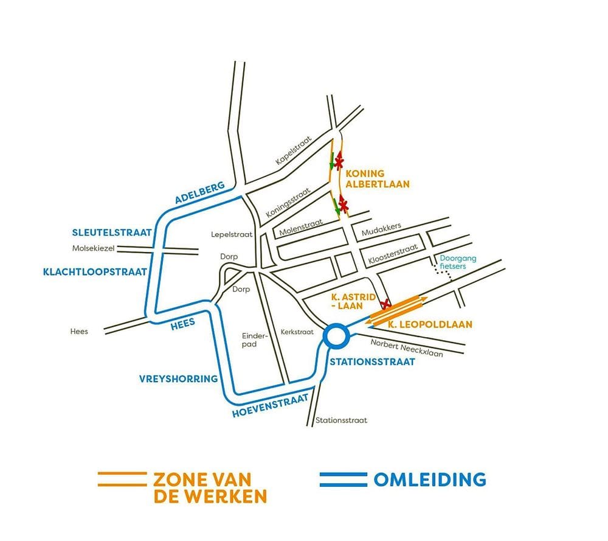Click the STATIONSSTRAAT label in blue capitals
371,362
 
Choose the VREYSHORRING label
179,379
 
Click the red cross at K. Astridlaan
385,304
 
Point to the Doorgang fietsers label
459,262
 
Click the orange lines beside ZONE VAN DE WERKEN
122,479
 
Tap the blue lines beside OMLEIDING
343,479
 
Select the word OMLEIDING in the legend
429,479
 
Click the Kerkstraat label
297,332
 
